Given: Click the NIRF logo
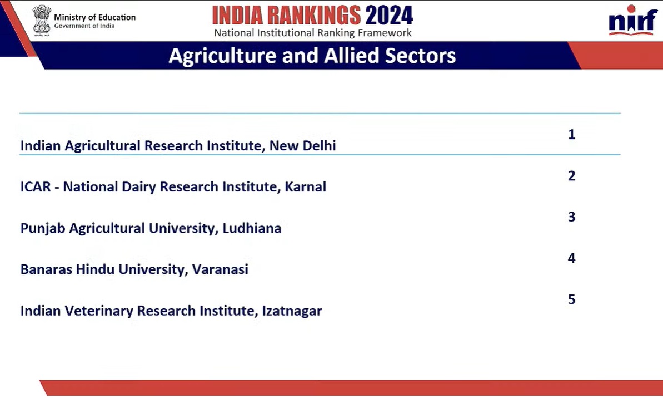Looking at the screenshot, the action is (x=632, y=20).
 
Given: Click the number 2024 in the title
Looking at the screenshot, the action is (x=389, y=16).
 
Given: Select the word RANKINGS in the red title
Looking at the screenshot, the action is (x=314, y=16).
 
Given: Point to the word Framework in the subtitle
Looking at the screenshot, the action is (x=385, y=33).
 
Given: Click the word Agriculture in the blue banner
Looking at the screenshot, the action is (x=222, y=56).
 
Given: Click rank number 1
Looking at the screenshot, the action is (x=572, y=134).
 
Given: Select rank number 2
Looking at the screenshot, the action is (x=572, y=176).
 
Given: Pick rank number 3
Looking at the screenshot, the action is (x=572, y=217).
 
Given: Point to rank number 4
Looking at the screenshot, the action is (x=572, y=258).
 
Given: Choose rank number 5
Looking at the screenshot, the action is (x=572, y=299).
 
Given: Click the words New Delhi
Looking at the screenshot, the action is (x=303, y=146).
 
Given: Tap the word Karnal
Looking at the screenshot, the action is (x=305, y=186).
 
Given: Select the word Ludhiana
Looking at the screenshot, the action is (x=252, y=228).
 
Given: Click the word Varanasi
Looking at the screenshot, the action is (x=220, y=269).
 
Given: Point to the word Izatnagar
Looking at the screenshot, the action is (x=292, y=311).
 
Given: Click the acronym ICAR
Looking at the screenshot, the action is (x=36, y=186).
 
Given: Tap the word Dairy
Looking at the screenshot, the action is (x=139, y=187).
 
